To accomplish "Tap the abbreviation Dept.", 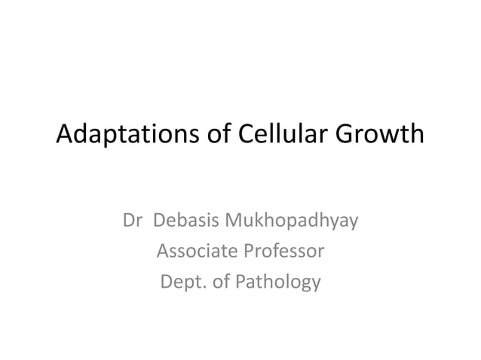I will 181,283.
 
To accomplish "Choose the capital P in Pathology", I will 242,282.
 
